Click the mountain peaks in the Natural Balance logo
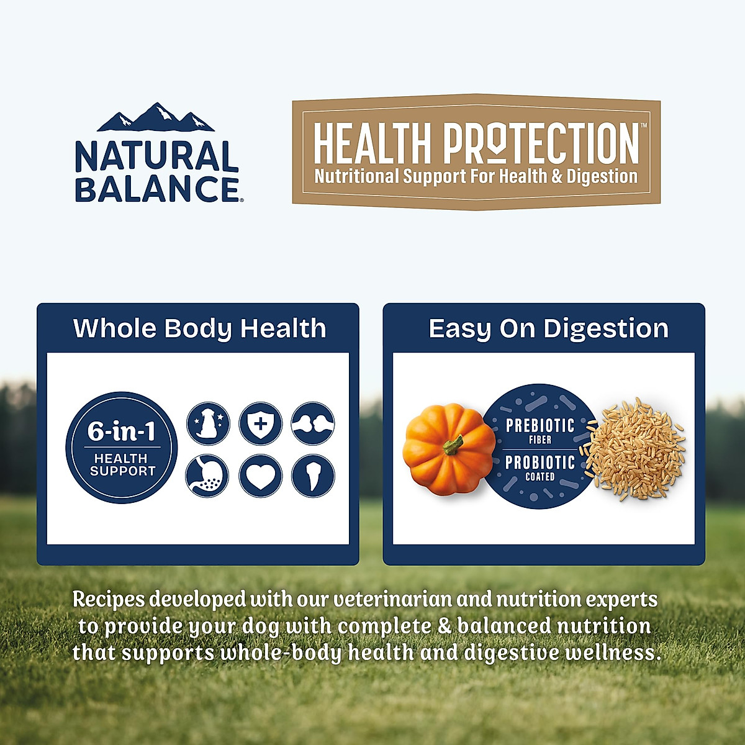point(156,118)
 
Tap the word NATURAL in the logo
point(156,156)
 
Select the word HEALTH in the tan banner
point(372,143)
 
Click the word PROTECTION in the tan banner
point(541,143)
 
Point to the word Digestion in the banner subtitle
point(602,176)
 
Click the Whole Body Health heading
point(199,328)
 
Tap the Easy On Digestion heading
point(548,328)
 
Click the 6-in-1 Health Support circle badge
point(122,447)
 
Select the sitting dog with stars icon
point(209,424)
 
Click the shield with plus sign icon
point(261,424)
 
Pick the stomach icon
point(207,476)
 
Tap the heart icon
point(261,476)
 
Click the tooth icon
point(313,476)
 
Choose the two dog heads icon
point(313,424)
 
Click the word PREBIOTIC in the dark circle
point(540,426)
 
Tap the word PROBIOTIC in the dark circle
point(540,463)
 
